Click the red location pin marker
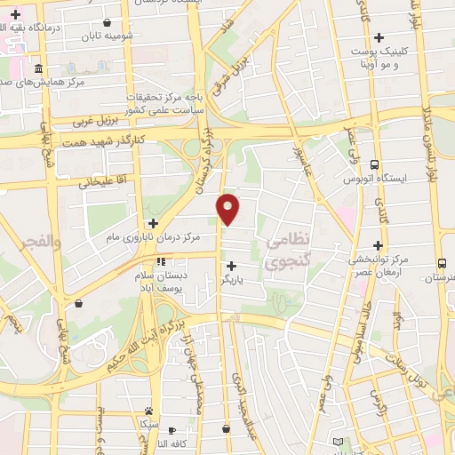point(229,208)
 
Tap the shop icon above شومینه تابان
point(108,23)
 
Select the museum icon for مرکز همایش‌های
point(38,69)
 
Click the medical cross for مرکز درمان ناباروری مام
point(153,223)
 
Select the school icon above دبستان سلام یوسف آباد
point(161,262)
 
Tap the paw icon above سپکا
point(148,411)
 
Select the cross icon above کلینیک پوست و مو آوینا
point(379,38)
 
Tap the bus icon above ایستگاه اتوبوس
point(374,164)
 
